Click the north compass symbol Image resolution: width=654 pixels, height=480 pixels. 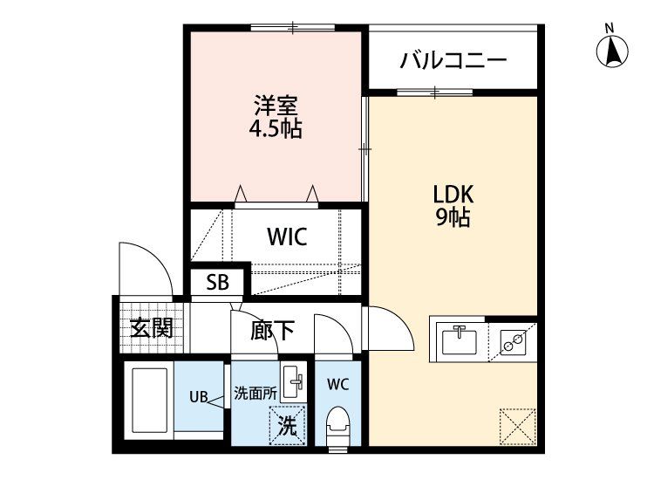pos(614,50)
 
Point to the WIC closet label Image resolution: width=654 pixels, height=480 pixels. pos(286,237)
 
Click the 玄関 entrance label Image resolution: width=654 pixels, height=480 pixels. pos(151,329)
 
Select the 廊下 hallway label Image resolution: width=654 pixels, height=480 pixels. pos(272,330)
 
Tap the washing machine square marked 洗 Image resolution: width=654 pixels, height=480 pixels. pos(286,427)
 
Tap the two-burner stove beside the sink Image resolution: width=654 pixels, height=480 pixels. pos(512,340)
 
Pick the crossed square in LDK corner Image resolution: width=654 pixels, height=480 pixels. pos(515,426)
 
